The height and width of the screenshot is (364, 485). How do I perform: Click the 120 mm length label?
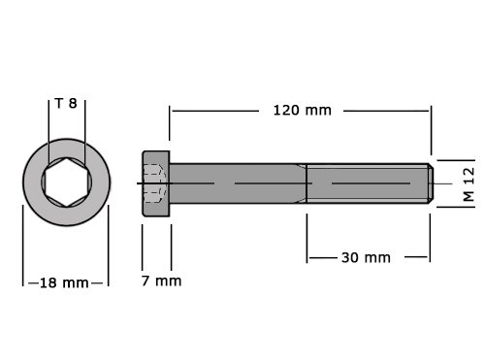click(303, 111)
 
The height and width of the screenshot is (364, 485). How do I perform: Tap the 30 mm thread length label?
click(366, 258)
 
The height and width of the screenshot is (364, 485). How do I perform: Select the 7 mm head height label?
click(161, 281)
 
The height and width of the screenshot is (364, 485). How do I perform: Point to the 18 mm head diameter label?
click(64, 283)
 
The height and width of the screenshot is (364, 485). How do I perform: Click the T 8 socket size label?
click(66, 104)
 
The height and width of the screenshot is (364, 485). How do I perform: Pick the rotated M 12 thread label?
click(469, 184)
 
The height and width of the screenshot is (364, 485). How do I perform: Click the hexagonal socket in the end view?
click(67, 182)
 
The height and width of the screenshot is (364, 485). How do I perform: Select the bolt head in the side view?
click(156, 183)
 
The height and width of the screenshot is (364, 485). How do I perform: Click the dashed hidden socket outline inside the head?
click(154, 183)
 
